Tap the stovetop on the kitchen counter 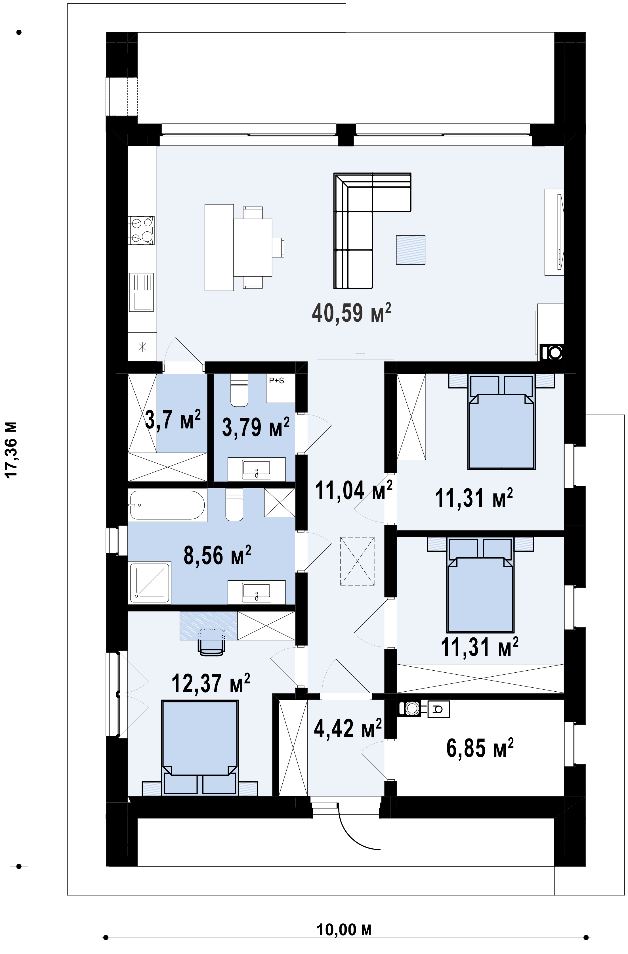pos(142,231)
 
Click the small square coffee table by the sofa pos(411,250)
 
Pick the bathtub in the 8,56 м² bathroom pos(167,505)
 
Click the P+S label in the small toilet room pos(276,380)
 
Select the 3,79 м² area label pos(255,427)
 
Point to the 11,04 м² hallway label pos(354,490)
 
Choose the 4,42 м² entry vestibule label pos(348,728)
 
